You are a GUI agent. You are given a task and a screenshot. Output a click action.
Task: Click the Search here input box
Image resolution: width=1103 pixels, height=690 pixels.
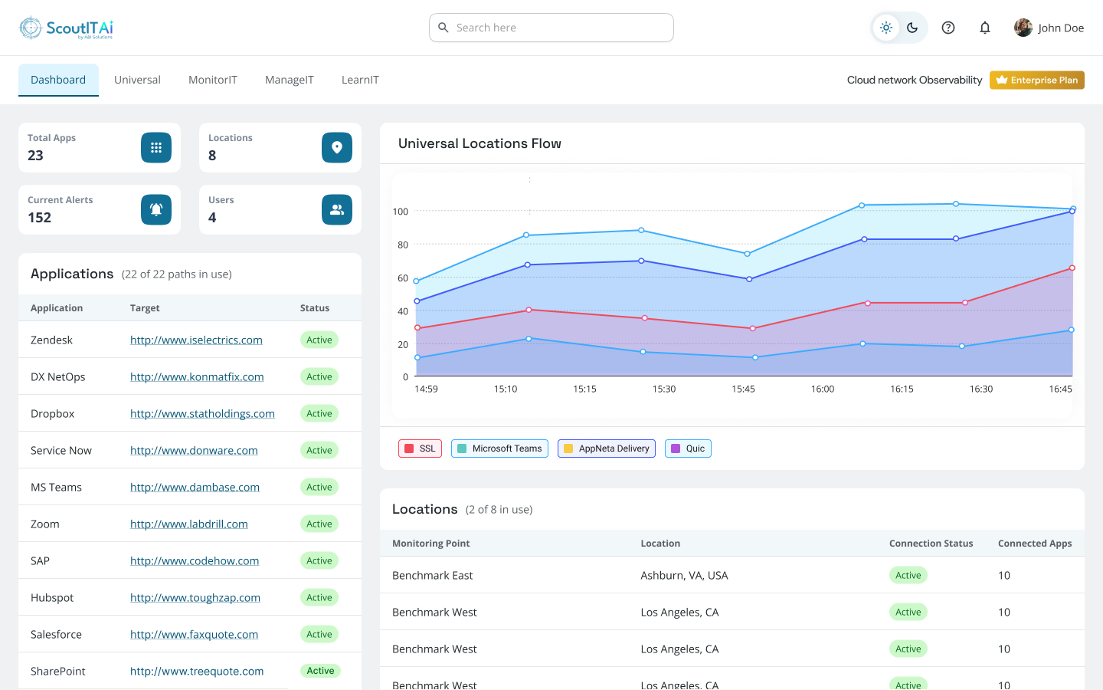551,28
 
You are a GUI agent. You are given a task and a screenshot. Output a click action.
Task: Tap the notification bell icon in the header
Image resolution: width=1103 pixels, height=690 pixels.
985,28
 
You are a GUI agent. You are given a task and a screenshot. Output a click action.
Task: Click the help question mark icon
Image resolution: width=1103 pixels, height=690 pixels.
948,28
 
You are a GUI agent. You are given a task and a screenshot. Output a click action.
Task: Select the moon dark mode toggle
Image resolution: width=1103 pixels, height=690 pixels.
912,28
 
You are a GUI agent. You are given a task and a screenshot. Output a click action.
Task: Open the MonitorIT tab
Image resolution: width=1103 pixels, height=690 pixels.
213,80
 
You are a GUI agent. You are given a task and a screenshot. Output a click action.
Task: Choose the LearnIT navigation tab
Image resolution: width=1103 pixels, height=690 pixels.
360,80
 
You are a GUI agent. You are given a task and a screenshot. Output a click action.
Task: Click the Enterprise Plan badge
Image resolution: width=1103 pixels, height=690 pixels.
1036,80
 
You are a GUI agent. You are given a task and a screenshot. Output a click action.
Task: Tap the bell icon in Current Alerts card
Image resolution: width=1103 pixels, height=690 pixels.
156,209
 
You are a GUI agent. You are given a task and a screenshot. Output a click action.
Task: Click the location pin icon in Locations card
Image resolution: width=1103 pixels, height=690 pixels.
337,147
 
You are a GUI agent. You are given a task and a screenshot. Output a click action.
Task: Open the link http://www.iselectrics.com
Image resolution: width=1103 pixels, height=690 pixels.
196,340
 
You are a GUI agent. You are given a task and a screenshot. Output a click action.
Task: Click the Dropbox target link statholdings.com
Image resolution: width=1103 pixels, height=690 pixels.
202,413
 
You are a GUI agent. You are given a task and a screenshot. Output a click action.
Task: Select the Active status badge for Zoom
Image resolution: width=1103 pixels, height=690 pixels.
319,524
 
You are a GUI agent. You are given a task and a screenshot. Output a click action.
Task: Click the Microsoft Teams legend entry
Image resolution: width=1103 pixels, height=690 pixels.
499,449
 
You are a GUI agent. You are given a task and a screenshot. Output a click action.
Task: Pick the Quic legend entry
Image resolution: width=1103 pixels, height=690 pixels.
688,449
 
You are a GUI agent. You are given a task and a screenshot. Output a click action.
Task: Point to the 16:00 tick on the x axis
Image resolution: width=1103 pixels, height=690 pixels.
823,389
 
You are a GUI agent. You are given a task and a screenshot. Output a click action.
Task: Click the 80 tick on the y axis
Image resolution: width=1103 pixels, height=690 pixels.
403,245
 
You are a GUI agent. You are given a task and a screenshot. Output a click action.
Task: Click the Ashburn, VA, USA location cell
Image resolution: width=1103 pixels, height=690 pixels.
684,575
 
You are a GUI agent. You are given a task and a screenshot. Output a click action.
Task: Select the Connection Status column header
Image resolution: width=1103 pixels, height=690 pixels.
931,543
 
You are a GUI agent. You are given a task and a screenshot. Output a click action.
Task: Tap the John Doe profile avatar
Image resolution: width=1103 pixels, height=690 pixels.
1023,28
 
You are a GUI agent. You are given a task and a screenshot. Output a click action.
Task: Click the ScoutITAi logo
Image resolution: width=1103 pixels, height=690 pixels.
66,28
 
